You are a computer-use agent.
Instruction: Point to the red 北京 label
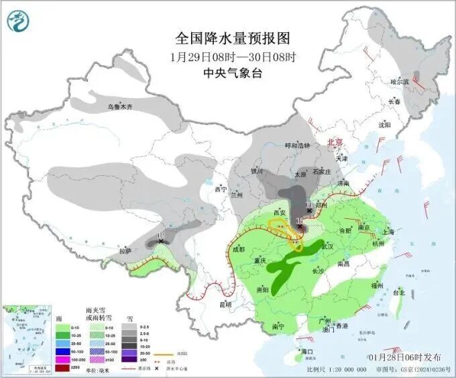point(333,142)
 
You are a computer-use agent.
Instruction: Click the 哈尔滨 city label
point(400,81)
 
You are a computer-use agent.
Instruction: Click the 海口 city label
point(307,351)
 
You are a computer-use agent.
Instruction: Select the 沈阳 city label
point(384,124)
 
